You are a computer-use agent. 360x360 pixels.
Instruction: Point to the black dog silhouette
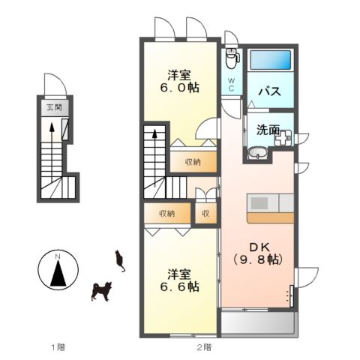100,291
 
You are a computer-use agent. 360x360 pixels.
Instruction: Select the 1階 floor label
58,346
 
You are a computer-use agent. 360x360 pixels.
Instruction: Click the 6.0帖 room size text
182,88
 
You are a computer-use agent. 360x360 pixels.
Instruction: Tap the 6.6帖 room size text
182,286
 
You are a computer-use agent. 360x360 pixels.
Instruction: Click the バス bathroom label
269,92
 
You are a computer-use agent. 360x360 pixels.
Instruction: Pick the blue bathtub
271,60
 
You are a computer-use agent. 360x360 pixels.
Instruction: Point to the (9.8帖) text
257,259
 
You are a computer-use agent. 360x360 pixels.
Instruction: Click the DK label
256,244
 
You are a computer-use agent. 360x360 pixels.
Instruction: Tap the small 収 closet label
205,214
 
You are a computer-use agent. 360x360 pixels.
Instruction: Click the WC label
231,83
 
